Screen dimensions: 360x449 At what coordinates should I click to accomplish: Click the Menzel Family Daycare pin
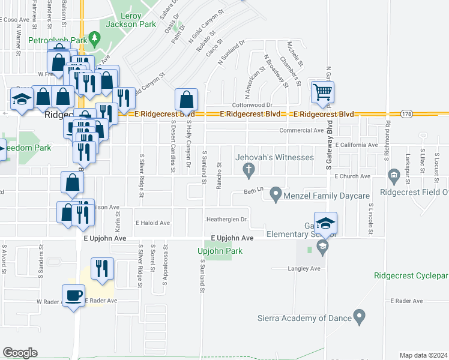pos(276,194)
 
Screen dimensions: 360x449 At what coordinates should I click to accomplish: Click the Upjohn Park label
pos(220,251)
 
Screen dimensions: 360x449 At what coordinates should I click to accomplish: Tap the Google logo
pos(20,353)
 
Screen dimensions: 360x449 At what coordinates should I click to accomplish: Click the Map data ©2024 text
pos(423,355)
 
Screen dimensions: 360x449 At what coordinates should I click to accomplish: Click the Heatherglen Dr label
pos(226,220)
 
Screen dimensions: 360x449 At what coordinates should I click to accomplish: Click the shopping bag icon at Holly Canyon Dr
pos(186,100)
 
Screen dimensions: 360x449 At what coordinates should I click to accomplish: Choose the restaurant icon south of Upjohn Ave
pos(101,268)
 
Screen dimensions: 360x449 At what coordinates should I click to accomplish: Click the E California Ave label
pos(357,145)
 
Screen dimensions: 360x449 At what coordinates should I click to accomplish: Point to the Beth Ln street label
pos(253,190)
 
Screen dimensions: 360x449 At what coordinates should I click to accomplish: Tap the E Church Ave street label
pos(353,176)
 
